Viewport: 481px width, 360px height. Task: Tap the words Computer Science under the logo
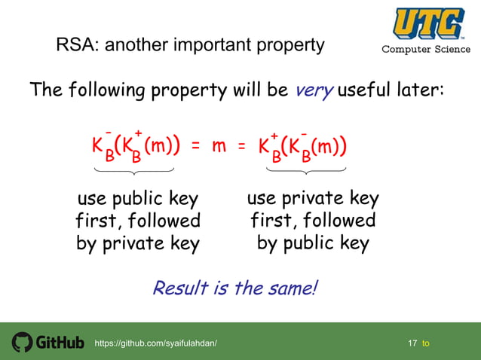click(x=427, y=50)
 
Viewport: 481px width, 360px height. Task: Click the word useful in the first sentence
click(x=368, y=90)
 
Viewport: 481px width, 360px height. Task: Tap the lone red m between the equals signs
click(x=219, y=145)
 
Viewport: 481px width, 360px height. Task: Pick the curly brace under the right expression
click(x=307, y=172)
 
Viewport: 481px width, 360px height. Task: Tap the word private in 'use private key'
click(x=313, y=199)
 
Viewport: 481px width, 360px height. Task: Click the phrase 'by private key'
click(x=138, y=243)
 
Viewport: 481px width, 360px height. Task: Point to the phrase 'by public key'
click(x=313, y=243)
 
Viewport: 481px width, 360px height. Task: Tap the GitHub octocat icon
click(x=22, y=342)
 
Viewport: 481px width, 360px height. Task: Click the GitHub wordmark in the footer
click(x=60, y=343)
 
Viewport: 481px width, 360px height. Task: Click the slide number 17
click(x=412, y=343)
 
